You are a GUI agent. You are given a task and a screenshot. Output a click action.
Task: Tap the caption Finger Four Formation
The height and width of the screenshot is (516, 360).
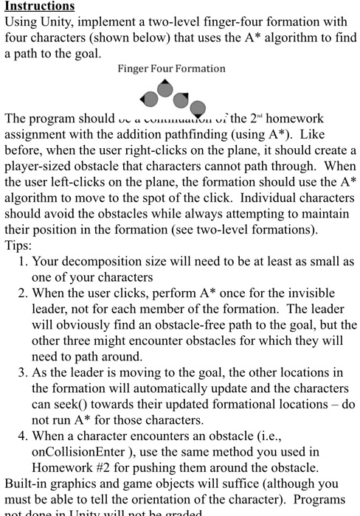pyautogui.click(x=171, y=69)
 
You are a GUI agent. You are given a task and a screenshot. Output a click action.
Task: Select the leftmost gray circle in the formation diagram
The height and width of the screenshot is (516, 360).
pyautogui.click(x=150, y=98)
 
